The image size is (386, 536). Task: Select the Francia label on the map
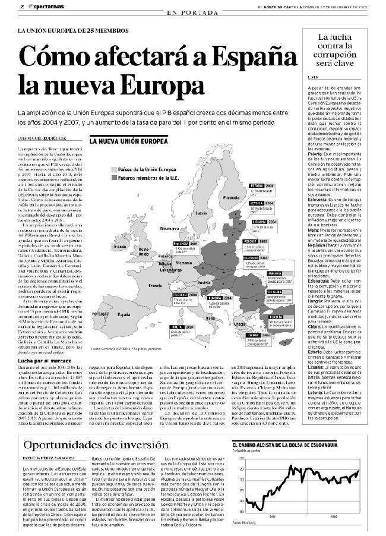[156, 286]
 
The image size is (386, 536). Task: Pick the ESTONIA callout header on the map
[257, 185]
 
